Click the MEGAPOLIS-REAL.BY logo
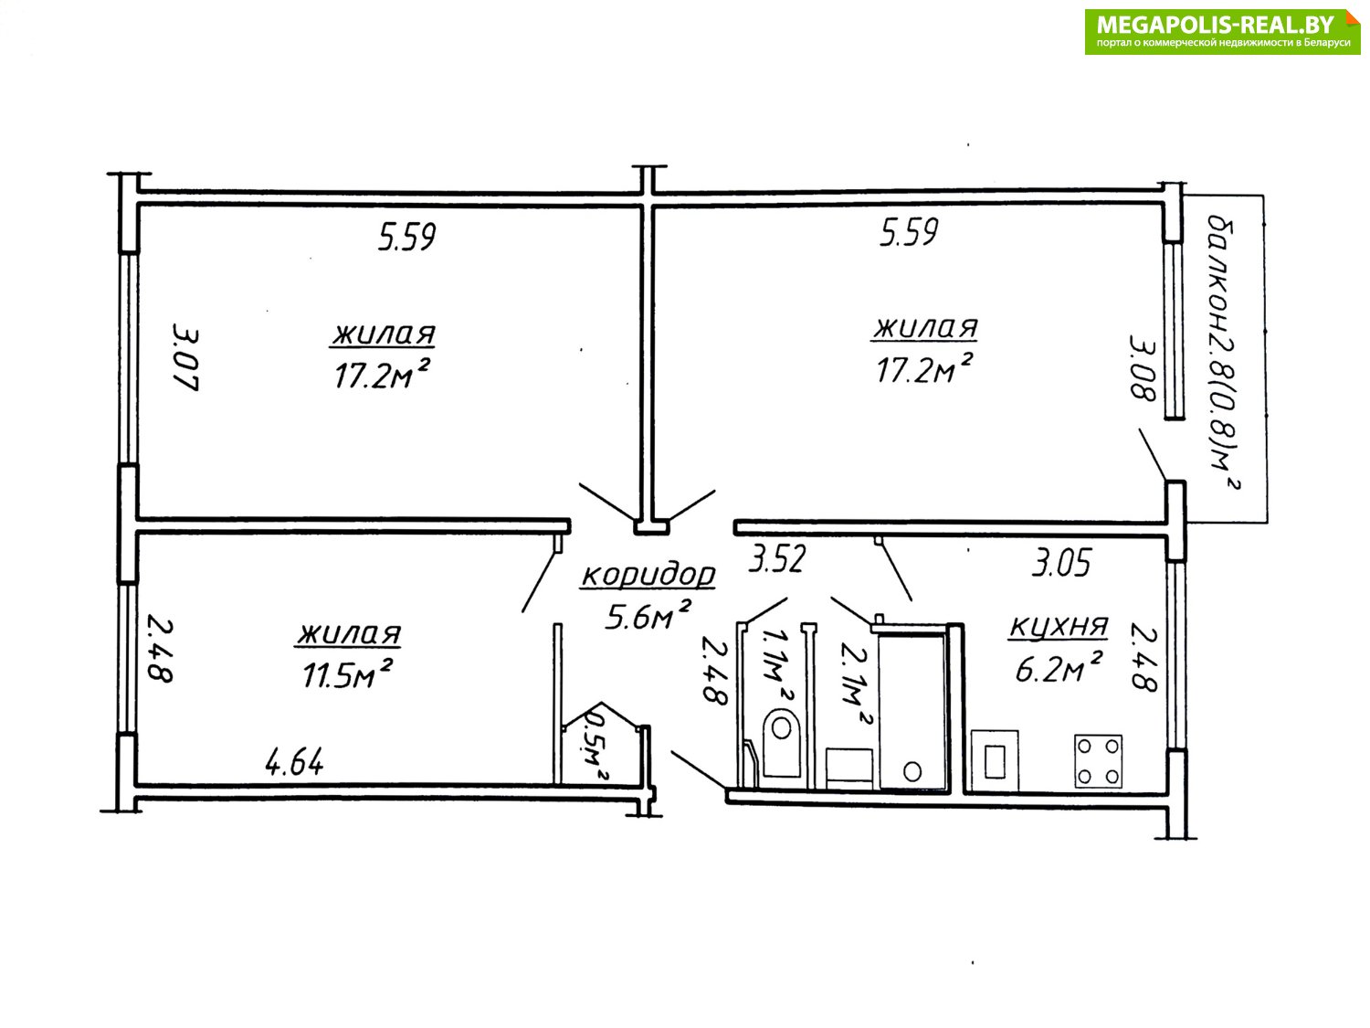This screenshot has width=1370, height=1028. (x=1222, y=32)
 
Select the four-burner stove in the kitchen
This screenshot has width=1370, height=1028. (x=1098, y=761)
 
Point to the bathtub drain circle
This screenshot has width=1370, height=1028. (x=912, y=771)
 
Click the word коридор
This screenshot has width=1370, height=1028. (x=648, y=575)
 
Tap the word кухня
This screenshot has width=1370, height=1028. (x=1059, y=626)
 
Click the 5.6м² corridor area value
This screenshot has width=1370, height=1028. (x=648, y=615)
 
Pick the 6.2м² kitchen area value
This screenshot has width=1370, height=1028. (x=1058, y=667)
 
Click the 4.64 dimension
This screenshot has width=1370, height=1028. (x=295, y=761)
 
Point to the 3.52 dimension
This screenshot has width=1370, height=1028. (x=777, y=558)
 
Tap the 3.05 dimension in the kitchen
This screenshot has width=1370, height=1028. (x=1061, y=562)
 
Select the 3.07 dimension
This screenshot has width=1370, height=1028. (x=185, y=356)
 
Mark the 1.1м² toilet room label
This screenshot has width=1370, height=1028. (x=776, y=663)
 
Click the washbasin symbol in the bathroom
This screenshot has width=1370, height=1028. (x=848, y=768)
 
